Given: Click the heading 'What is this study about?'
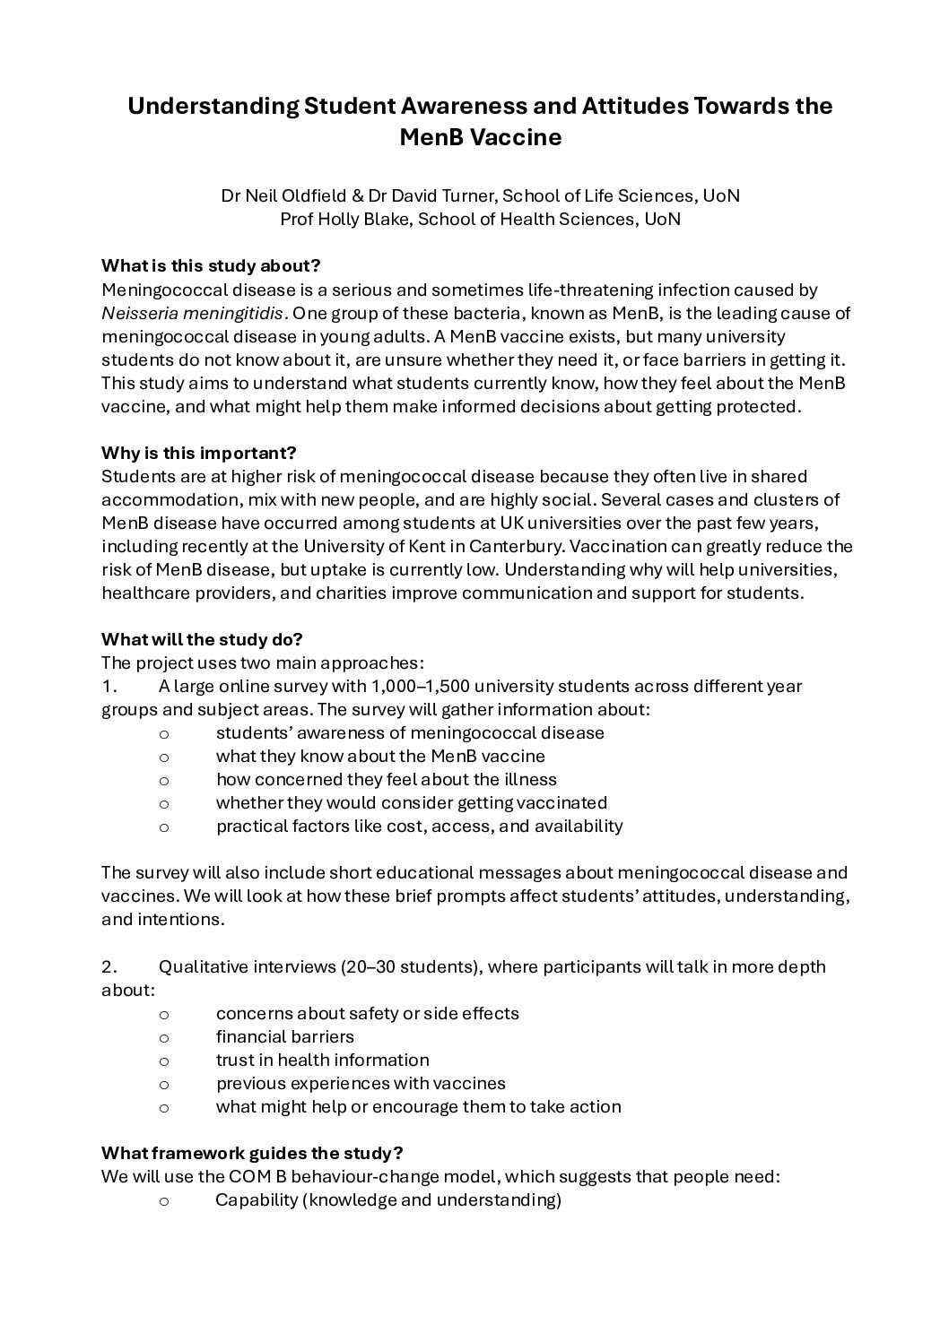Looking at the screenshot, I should click(x=211, y=266).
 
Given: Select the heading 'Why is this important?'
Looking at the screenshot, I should click(x=198, y=453).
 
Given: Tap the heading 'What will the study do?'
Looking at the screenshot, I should click(x=202, y=639).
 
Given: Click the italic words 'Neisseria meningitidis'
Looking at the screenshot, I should click(x=193, y=314).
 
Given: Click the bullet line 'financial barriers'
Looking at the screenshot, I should click(x=284, y=1036).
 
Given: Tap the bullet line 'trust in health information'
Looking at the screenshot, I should click(x=322, y=1060).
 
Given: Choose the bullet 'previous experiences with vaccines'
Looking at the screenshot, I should click(x=361, y=1083).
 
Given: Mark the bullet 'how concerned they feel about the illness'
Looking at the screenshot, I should click(x=386, y=780).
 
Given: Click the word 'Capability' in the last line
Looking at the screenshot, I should click(x=256, y=1199).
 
